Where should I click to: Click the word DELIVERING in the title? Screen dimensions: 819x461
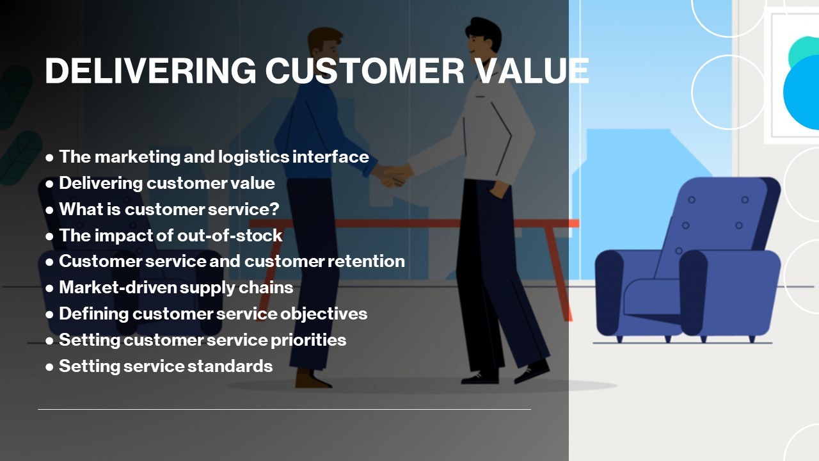point(150,70)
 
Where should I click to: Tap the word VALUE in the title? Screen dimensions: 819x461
point(533,70)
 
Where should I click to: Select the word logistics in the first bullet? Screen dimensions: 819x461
point(253,158)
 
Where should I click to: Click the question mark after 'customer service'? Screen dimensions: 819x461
point(275,209)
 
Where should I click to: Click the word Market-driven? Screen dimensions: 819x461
point(117,287)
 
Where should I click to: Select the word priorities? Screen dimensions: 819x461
point(308,340)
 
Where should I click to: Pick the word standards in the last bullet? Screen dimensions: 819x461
point(230,366)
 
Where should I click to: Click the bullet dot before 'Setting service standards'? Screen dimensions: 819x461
point(49,368)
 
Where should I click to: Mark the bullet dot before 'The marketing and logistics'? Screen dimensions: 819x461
point(49,158)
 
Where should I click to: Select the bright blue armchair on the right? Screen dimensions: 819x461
point(688,260)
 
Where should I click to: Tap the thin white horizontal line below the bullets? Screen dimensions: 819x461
point(285,409)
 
